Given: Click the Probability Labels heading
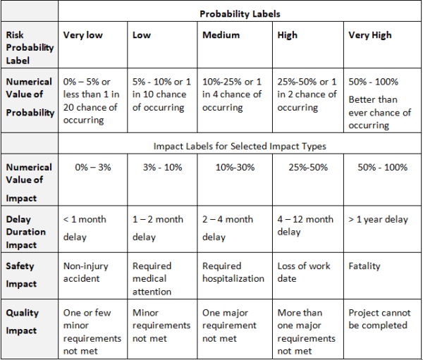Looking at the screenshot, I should (x=240, y=13).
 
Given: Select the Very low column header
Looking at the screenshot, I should (x=83, y=35).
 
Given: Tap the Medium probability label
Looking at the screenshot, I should (x=221, y=35).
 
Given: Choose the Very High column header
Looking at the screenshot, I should (x=369, y=35).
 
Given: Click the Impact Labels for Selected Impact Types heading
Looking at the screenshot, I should (x=239, y=147).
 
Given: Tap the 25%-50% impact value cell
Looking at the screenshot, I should (x=308, y=168).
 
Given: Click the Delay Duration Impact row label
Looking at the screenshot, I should (x=26, y=231).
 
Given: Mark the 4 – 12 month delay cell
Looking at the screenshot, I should (x=305, y=225).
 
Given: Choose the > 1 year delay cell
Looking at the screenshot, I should (x=378, y=219).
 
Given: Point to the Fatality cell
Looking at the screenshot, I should (x=364, y=266).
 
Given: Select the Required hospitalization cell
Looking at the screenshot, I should (x=233, y=272).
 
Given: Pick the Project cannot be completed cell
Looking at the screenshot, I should (x=379, y=319).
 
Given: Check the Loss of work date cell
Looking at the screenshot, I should (x=304, y=272).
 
